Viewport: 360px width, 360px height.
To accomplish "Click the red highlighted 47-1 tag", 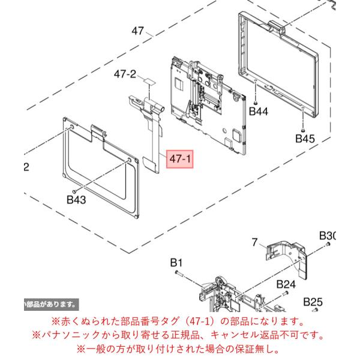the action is point(180,159).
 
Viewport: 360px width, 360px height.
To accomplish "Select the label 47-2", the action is point(125,74).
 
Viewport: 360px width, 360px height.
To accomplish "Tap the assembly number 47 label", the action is point(138,31).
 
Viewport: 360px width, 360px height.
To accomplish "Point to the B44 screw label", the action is point(259,112).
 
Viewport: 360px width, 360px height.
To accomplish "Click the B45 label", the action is point(305,139).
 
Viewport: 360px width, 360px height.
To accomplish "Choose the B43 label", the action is point(76,200).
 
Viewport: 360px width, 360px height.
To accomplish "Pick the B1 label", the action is point(176,263).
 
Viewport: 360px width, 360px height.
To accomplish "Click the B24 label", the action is point(286,284).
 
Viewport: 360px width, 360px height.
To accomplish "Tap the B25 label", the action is point(313,302).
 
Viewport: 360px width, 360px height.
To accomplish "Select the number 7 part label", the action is point(254,242).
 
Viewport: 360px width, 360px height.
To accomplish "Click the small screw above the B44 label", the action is point(255,103).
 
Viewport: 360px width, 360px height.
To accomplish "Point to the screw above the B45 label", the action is point(303,130).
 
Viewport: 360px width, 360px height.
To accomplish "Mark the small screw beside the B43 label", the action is point(74,191).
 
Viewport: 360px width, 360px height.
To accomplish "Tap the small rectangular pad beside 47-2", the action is point(149,81).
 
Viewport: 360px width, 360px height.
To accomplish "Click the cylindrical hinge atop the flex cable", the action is point(154,106).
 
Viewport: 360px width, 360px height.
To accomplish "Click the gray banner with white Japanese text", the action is point(52,305).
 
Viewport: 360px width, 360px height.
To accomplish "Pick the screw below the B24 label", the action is point(286,293).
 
